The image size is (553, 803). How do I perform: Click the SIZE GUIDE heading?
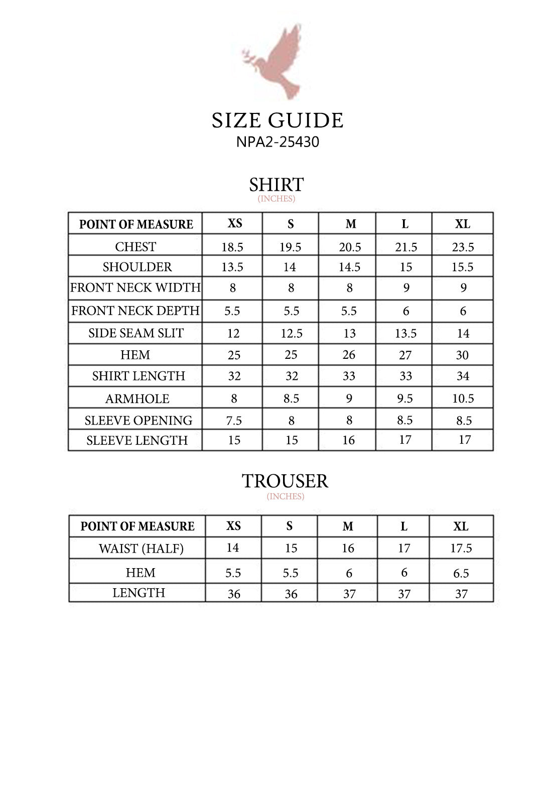278,120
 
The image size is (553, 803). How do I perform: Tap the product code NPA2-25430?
278,142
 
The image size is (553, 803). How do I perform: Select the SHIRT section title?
276,185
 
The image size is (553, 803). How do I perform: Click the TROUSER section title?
285,481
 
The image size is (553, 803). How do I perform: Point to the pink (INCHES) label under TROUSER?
286,496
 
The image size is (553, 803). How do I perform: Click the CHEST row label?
135,246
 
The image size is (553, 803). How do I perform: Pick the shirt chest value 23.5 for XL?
463,247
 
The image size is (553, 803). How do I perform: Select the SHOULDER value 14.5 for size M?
349,267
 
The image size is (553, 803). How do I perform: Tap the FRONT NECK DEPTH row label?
135,311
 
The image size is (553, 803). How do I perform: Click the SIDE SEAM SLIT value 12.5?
292,333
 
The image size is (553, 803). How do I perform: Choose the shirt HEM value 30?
462,355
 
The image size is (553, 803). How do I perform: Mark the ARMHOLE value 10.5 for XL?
463,398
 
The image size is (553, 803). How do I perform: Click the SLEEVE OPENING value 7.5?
234,421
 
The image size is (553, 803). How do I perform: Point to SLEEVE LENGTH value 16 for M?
349,440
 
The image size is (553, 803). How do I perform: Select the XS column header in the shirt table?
235,223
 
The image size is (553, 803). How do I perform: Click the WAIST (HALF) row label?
141,549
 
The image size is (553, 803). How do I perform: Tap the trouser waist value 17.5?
461,548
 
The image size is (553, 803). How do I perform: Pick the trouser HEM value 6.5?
461,573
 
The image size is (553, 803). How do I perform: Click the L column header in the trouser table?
404,526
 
